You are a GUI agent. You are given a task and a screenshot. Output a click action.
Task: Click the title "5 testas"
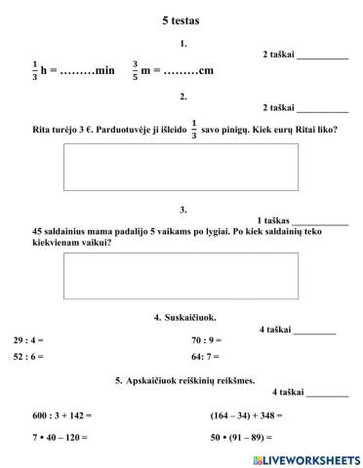[181, 19]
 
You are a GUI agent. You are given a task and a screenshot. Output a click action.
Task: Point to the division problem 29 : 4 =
[28, 340]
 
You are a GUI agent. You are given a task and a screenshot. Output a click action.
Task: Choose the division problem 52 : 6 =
[28, 358]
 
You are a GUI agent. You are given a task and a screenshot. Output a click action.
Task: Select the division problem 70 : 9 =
[207, 340]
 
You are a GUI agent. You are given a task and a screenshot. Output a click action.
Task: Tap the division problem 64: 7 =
[206, 358]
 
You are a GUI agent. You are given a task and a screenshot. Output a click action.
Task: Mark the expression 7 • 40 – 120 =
[60, 438]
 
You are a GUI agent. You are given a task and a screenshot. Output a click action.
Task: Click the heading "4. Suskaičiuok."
[185, 318]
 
